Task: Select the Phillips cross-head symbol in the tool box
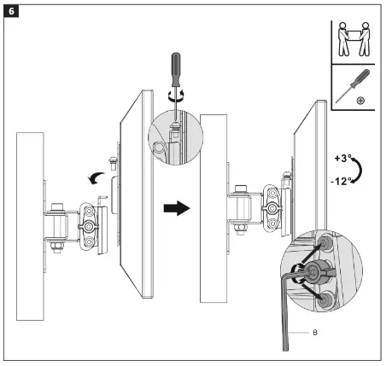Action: tap(361, 101)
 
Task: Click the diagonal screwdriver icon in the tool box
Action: tap(349, 89)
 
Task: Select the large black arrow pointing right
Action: tap(176, 209)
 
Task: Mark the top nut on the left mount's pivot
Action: tap(59, 207)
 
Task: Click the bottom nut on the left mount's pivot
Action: tap(59, 248)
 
